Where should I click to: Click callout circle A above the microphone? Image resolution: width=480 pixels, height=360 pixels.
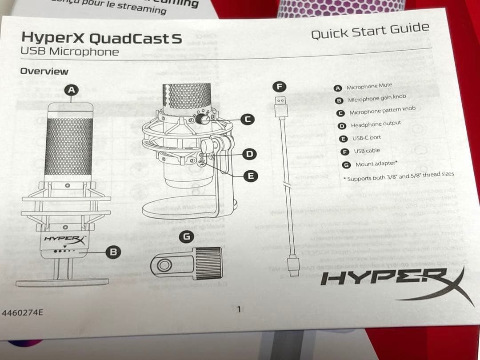[x=71, y=90]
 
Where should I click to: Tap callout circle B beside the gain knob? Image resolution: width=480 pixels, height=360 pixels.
[x=113, y=252]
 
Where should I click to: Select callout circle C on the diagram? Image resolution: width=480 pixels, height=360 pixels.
[x=248, y=119]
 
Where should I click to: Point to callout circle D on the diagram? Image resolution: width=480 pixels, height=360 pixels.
[x=250, y=154]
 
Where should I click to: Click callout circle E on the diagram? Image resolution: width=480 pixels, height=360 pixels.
[x=251, y=176]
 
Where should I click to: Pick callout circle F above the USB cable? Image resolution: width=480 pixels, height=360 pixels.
[x=280, y=86]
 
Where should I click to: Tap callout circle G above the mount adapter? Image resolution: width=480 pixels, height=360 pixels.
[x=187, y=237]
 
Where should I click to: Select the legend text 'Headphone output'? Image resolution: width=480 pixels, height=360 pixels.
[x=376, y=124]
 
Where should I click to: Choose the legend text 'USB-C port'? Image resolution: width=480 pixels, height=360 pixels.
[x=367, y=138]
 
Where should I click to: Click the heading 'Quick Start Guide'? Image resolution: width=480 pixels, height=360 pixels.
[x=370, y=32]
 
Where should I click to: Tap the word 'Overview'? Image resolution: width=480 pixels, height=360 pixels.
[x=44, y=71]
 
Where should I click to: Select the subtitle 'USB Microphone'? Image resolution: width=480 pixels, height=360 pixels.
[x=70, y=51]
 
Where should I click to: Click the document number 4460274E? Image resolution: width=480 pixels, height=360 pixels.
[x=22, y=312]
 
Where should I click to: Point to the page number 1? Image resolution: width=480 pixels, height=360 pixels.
[x=239, y=309]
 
